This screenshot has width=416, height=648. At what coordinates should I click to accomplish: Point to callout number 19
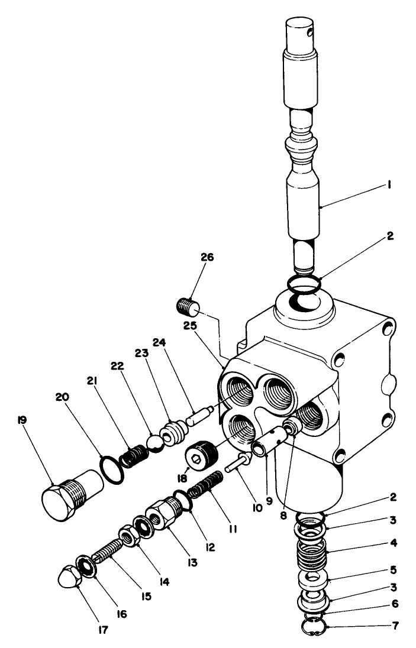22,420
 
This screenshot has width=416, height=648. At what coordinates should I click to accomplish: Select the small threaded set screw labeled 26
188,307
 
